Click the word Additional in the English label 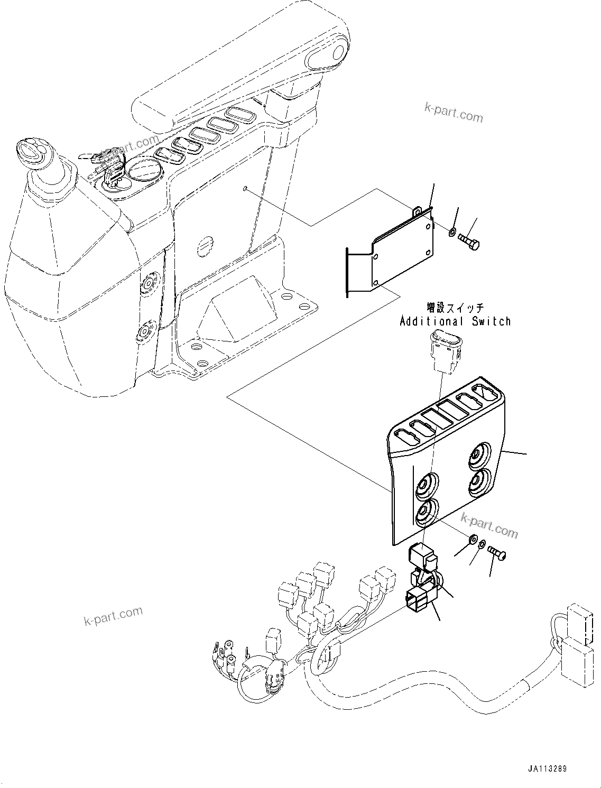click(x=430, y=321)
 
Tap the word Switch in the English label click(x=492, y=321)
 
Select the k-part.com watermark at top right click(x=454, y=112)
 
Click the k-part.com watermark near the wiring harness click(x=113, y=615)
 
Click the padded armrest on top click(x=238, y=79)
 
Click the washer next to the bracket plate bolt click(x=452, y=232)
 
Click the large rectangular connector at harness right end click(x=579, y=661)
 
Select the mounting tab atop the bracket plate click(x=418, y=211)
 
